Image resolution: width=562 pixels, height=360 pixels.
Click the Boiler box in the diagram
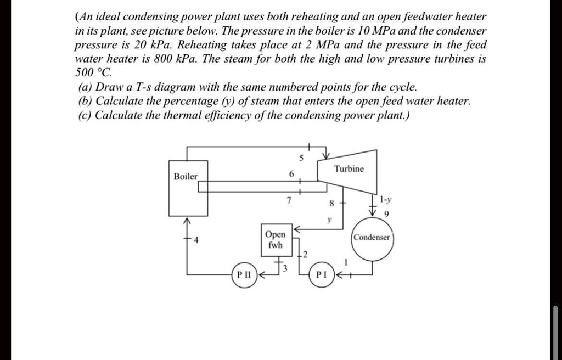coord(188,188)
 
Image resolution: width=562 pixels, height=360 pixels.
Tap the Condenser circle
coord(372,238)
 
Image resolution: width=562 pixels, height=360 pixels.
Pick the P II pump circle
coord(243,274)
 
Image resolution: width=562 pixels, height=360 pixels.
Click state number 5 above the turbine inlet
coord(301,158)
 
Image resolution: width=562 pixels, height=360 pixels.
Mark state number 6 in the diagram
coord(291,175)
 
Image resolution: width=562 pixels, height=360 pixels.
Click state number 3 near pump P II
coord(285,268)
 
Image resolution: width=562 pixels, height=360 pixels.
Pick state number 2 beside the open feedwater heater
coord(305,254)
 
